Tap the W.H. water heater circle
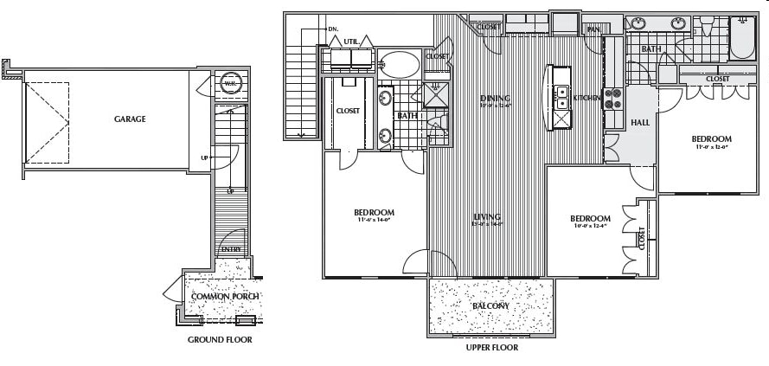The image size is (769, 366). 231,84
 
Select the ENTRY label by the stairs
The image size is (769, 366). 231,250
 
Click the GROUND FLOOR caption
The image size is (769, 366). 220,340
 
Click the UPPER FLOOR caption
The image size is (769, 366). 491,348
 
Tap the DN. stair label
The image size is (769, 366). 333,29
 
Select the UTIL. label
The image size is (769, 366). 350,41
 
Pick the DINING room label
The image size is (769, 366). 495,99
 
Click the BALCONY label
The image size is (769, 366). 490,306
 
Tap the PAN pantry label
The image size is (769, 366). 593,29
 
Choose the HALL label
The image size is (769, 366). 640,123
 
